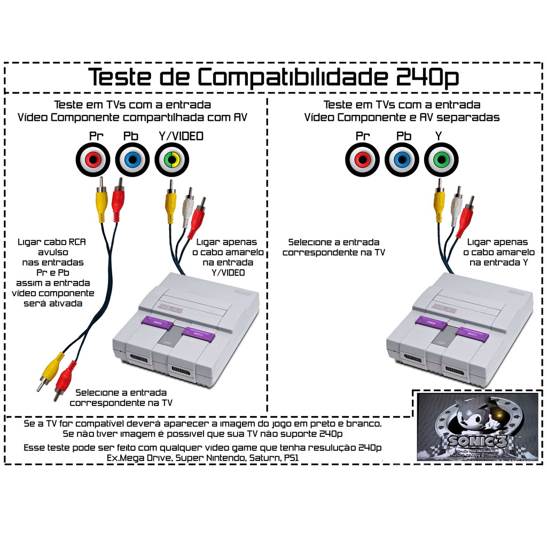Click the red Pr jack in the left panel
[92, 159]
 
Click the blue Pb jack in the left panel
[132, 159]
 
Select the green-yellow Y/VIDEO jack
[172, 159]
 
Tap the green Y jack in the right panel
[441, 159]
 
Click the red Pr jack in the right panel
[362, 159]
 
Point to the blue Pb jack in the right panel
[402, 159]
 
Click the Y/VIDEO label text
[181, 136]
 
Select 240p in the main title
[427, 77]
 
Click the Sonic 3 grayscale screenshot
[477, 427]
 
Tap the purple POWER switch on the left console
[158, 322]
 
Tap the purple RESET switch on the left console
[198, 334]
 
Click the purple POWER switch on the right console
[431, 322]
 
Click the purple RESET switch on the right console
[472, 334]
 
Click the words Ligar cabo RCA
[52, 242]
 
